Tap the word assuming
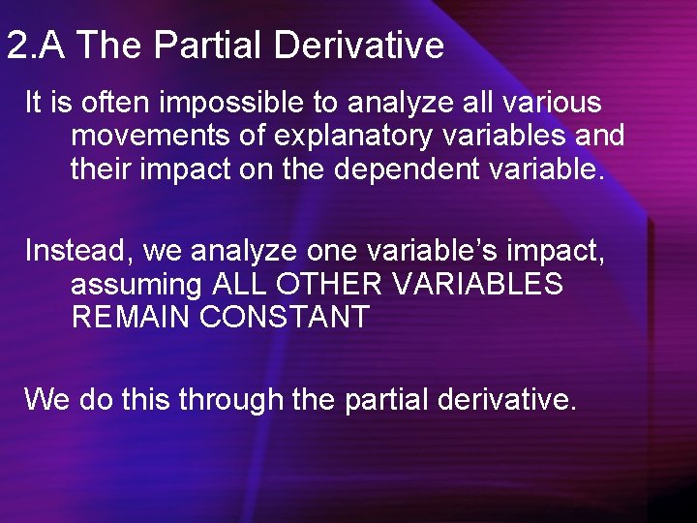point(136,285)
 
